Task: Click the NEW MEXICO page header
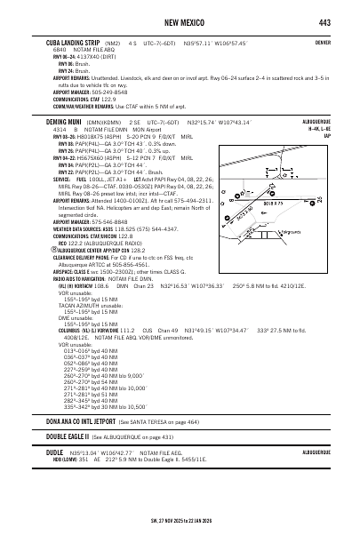click(x=180, y=22)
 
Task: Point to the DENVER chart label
click(x=323, y=42)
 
